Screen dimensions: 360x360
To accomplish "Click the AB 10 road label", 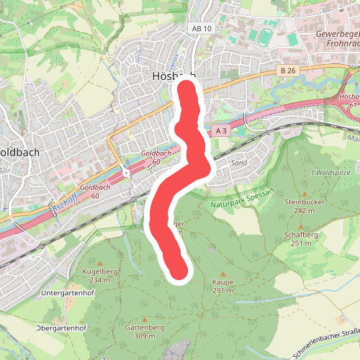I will click(203, 27).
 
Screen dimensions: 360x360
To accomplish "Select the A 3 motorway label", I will click(222, 131).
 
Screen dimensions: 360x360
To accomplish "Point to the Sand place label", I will click(239, 163).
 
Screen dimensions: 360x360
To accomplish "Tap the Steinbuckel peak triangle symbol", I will click(305, 194).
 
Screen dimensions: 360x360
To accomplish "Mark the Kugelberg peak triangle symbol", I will click(100, 261).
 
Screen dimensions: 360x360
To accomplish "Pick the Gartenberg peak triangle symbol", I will click(145, 319).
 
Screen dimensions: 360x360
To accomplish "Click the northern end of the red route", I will click(187, 89).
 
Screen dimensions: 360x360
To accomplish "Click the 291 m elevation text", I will click(223, 291).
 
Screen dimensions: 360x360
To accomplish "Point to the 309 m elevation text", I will click(145, 336).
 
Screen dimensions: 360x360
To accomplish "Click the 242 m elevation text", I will click(305, 211).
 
